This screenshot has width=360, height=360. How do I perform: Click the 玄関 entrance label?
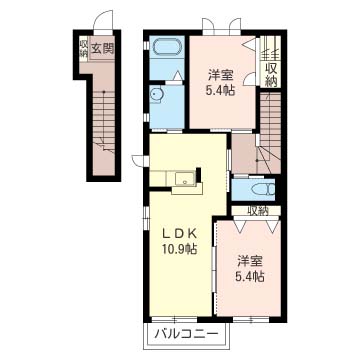[101, 47]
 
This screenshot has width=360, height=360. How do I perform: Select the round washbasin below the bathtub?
[157, 94]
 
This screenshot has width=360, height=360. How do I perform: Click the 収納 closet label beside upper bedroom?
[272, 68]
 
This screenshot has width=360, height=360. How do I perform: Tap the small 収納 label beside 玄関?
[83, 47]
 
